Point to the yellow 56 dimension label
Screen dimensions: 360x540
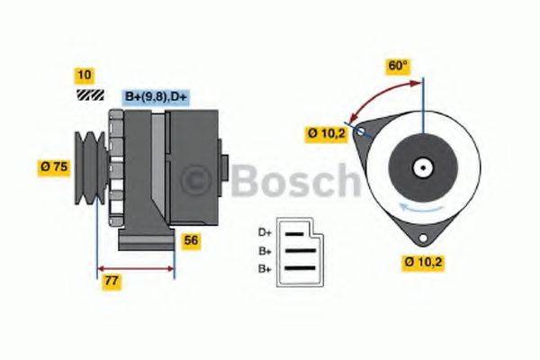click(x=191, y=240)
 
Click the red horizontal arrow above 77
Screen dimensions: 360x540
click(x=135, y=267)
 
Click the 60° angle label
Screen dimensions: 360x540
click(x=397, y=66)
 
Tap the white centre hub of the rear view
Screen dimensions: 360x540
click(x=421, y=167)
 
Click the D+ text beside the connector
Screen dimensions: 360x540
click(x=265, y=232)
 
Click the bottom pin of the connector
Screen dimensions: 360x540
click(x=299, y=269)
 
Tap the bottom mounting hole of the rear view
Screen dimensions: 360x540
click(x=421, y=236)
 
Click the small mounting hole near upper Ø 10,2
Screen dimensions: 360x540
click(x=362, y=133)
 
